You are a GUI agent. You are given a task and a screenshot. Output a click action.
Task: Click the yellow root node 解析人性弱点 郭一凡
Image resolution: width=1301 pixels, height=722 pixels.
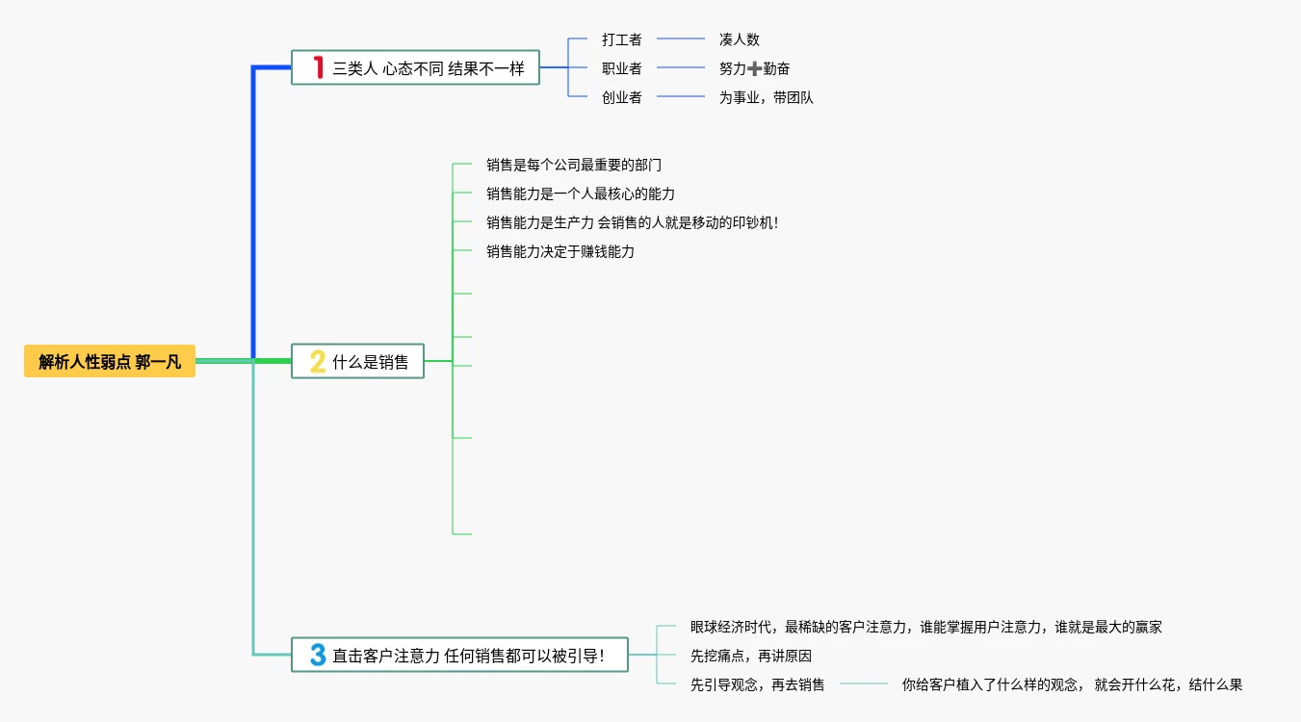110,362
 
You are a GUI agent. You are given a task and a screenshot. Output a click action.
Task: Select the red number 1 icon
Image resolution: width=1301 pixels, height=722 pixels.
318,67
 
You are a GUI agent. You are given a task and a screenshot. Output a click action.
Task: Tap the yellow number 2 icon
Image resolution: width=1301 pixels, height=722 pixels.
317,362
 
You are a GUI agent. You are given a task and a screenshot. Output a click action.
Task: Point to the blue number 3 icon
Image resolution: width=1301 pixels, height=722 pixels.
317,656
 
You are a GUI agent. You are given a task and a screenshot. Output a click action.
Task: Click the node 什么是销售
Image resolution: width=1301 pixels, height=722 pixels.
370,362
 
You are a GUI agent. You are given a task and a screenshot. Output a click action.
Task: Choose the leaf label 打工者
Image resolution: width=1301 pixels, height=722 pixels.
621,39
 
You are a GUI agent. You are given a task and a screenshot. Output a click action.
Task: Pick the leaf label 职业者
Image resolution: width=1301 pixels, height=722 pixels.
621,68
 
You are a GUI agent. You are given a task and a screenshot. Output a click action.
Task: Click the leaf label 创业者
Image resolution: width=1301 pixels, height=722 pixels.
621,97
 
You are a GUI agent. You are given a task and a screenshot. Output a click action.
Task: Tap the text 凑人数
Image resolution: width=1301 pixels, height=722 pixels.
739,39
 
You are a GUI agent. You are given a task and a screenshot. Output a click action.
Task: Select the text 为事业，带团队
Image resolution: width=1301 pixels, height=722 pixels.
766,97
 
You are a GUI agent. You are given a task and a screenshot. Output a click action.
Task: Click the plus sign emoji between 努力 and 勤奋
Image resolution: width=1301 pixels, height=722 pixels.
754,68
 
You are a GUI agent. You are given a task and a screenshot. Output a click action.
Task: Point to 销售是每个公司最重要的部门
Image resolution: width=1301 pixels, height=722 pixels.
574,165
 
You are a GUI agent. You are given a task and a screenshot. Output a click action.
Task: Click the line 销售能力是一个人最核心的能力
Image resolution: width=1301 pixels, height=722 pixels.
581,193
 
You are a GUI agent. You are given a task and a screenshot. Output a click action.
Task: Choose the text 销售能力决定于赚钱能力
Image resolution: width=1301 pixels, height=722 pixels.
560,251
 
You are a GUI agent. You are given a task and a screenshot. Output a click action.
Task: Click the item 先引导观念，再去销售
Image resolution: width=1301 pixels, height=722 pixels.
757,684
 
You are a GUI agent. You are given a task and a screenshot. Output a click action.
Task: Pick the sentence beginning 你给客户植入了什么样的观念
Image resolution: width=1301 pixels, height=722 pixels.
1072,684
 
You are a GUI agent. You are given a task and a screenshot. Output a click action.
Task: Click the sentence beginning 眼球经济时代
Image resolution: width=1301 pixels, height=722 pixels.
925,627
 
